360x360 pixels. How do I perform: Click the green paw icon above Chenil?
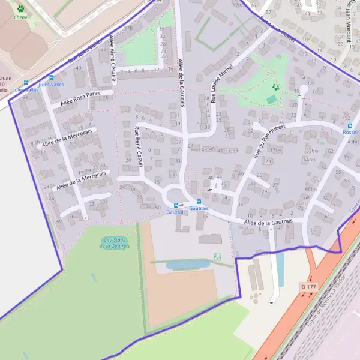pos(21,9)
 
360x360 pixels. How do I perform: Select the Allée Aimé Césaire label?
pos(112,58)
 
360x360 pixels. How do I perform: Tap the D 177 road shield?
pos(308,287)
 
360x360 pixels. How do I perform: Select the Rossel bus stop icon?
pos(350,126)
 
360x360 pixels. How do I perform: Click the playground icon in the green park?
pos(275,88)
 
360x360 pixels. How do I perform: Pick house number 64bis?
pos(309,160)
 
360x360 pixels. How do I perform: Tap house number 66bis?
pos(310,189)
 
